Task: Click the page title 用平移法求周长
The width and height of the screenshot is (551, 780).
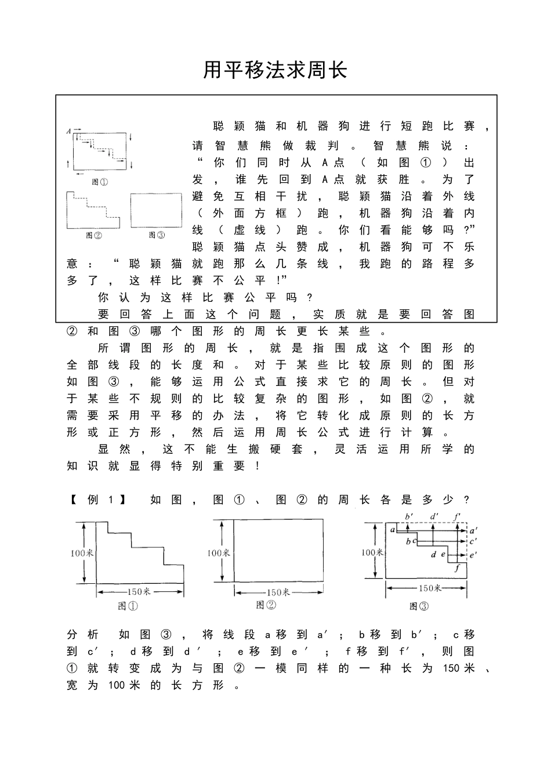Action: (x=275, y=70)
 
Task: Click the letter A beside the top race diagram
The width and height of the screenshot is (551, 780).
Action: (x=68, y=131)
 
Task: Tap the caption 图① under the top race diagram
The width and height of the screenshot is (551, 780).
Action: (x=100, y=182)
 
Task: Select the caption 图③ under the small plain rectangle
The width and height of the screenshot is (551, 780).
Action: (x=157, y=235)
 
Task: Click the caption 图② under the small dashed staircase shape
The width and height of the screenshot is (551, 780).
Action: (x=93, y=235)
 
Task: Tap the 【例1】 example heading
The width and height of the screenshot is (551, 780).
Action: (x=97, y=500)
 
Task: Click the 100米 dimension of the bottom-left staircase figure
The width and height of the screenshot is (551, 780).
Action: (x=82, y=553)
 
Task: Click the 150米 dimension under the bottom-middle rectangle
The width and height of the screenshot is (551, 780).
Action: (x=278, y=592)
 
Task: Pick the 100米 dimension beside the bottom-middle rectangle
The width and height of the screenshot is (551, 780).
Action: (x=219, y=552)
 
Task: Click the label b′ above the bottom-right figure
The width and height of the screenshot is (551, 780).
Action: (x=409, y=516)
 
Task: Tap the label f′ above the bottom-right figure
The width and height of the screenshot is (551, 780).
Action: (x=458, y=516)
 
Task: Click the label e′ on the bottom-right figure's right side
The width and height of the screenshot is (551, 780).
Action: (x=473, y=554)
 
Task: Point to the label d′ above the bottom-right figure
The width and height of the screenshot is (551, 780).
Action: (x=434, y=516)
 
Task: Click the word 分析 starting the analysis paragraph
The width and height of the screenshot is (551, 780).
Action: (x=82, y=634)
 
